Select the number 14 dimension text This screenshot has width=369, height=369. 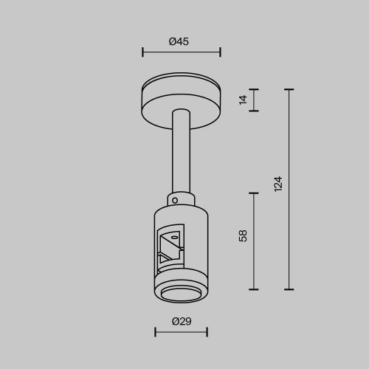[x=244, y=100]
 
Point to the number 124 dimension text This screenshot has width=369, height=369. [x=277, y=184]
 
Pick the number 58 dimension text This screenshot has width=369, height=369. [x=243, y=236]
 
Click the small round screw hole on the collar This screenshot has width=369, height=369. [x=175, y=199]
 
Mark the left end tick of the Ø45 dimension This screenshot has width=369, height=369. [x=142, y=52]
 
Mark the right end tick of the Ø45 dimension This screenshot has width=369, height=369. [x=221, y=52]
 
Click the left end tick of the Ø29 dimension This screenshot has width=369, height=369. [x=156, y=332]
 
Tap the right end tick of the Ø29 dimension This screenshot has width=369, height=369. [x=207, y=332]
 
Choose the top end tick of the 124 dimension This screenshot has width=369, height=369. [x=289, y=89]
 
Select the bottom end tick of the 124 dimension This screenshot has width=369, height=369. [x=289, y=289]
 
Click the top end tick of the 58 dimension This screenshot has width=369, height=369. [x=255, y=193]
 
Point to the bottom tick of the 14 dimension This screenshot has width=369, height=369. [x=255, y=111]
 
